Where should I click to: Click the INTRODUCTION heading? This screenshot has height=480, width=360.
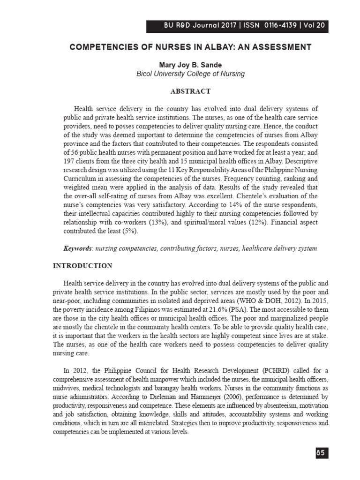pyautogui.click(x=82, y=266)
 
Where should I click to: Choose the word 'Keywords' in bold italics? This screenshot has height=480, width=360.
pyautogui.click(x=77, y=248)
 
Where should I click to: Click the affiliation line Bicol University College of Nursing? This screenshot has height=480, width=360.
pyautogui.click(x=190, y=74)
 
